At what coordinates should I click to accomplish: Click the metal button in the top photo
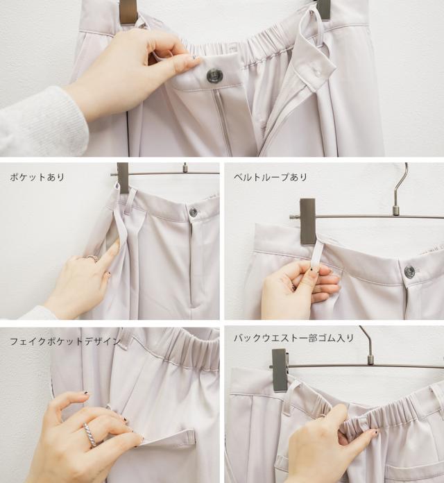tap(214, 76)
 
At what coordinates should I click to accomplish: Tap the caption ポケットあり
tap(37, 178)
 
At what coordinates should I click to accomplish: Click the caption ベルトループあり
tap(270, 178)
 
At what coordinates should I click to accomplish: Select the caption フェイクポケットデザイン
tap(65, 341)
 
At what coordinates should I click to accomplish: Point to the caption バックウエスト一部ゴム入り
tap(293, 338)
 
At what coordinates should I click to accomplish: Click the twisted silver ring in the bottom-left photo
tap(91, 434)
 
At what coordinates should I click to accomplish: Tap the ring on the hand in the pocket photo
tap(92, 258)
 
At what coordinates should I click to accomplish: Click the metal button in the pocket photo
tap(193, 212)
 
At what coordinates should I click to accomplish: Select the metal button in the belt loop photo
tap(409, 272)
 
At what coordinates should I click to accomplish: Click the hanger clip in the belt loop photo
tap(307, 221)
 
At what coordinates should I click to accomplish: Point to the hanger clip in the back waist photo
tap(280, 371)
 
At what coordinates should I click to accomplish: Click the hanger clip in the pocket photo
tap(123, 178)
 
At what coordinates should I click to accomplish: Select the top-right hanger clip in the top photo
tap(323, 8)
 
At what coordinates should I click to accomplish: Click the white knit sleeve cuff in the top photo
tap(43, 121)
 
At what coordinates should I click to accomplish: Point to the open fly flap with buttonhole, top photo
tap(314, 65)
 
